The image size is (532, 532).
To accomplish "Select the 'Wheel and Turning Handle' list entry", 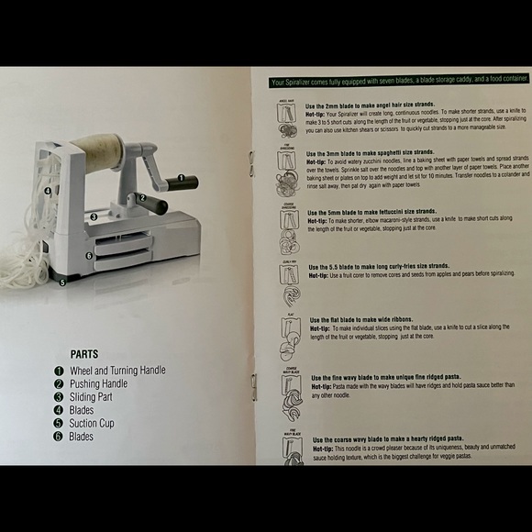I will [x=117, y=370].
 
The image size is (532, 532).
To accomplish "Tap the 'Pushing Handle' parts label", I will [x=98, y=383].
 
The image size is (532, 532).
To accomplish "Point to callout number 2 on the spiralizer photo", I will [x=142, y=196].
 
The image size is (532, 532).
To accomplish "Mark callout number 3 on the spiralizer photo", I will [x=94, y=217].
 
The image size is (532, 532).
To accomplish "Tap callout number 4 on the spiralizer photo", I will [x=46, y=192].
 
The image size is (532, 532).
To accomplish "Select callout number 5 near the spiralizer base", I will [x=61, y=283].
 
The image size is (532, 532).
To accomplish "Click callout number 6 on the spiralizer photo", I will [x=89, y=256].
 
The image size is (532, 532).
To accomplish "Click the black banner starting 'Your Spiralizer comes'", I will [x=397, y=82].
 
